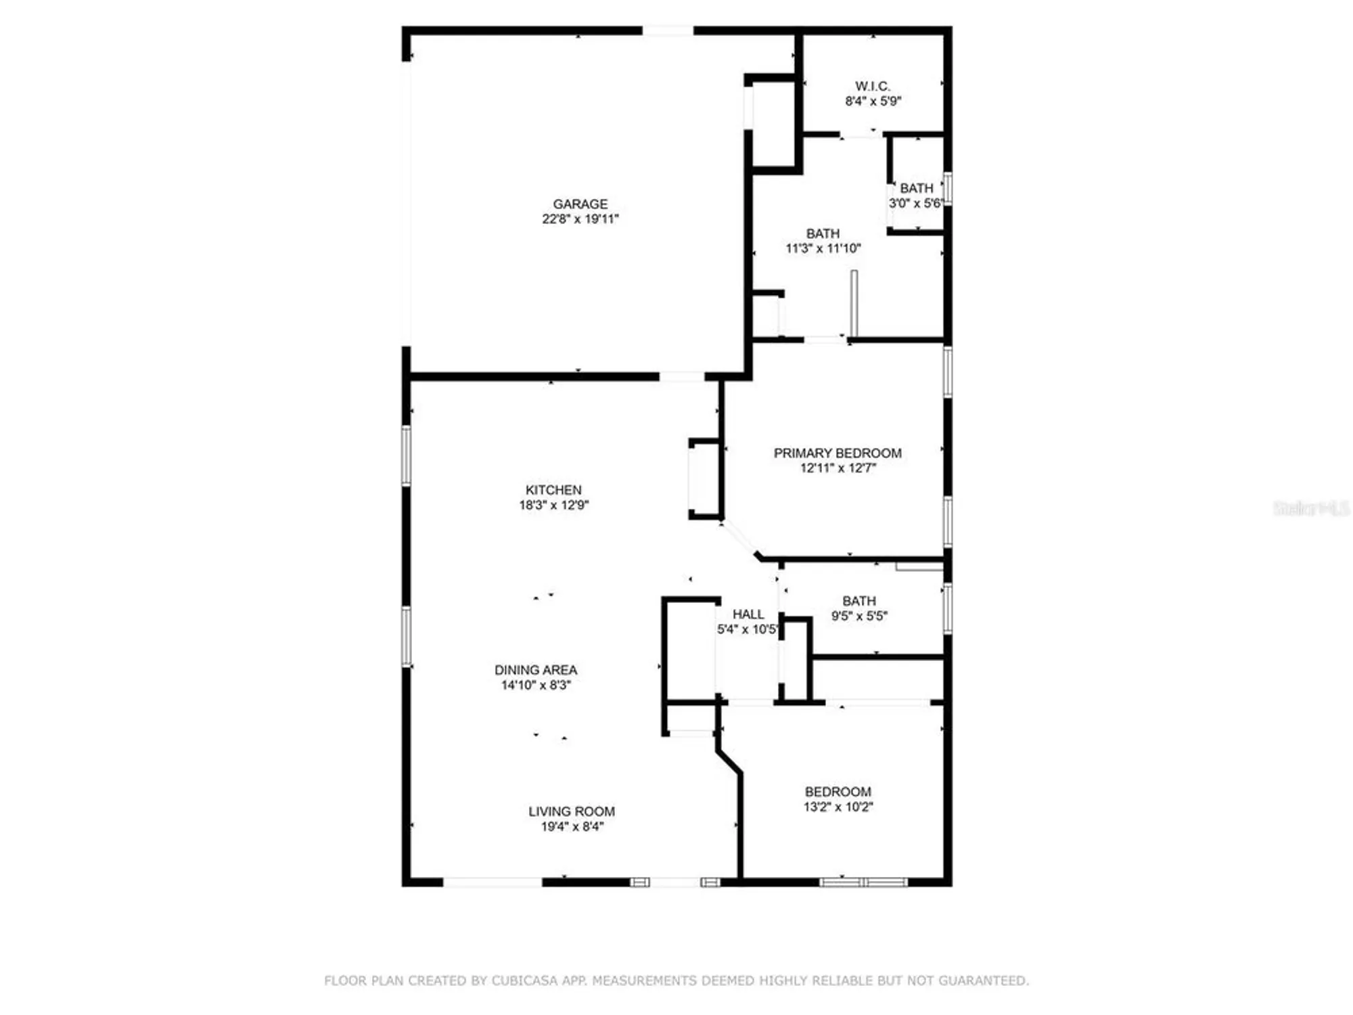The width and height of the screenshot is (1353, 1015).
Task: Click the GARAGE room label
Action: coord(580,204)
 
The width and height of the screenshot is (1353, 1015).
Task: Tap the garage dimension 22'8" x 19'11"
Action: coord(580,219)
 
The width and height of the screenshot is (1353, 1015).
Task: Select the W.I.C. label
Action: coord(872,86)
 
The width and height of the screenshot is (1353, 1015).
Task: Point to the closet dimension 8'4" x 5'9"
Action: coord(873,101)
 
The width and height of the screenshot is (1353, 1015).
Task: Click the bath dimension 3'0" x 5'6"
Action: coord(915,203)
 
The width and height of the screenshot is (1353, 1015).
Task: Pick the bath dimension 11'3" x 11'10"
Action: coord(823,248)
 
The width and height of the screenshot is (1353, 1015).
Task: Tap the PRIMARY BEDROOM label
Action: coord(837,453)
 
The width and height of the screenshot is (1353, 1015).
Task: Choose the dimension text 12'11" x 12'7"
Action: coord(838,468)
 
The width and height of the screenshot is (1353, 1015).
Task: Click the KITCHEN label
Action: coord(553,489)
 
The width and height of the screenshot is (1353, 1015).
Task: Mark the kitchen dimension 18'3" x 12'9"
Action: coord(553,505)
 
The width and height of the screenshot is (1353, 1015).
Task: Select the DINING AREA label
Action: coord(536,670)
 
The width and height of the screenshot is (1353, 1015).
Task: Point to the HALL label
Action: coord(748,614)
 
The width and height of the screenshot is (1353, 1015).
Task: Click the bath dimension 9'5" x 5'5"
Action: coord(859,616)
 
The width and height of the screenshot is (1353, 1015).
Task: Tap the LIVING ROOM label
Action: coord(572,811)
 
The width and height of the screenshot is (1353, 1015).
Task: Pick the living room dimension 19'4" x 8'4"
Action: coord(572,826)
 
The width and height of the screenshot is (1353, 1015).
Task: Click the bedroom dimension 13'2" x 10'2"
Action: coord(838,807)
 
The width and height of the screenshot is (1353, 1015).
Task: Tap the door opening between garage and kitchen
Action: coord(682,376)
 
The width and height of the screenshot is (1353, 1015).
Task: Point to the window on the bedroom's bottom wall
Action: coord(863,882)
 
